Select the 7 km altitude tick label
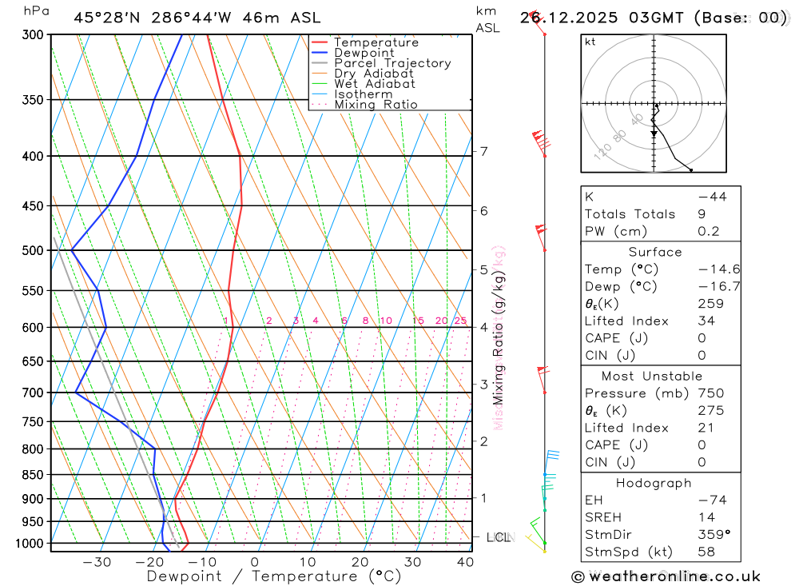click(x=484, y=151)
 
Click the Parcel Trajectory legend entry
click(x=392, y=63)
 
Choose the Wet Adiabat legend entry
click(x=374, y=84)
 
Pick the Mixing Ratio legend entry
click(x=376, y=105)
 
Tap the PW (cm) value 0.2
click(x=709, y=232)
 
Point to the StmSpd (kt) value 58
click(x=706, y=552)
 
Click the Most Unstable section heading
click(x=653, y=376)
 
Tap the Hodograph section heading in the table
click(x=654, y=484)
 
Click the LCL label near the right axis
click(x=498, y=537)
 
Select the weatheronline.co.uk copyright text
click(x=666, y=576)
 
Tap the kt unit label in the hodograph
click(x=590, y=42)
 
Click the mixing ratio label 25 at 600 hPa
click(x=460, y=321)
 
